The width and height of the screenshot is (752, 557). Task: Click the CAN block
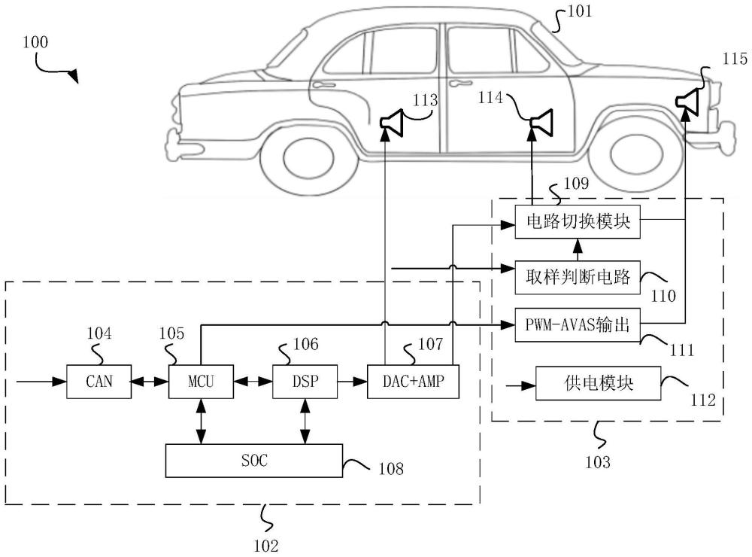pyautogui.click(x=99, y=381)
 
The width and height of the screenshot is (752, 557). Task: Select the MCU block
pyautogui.click(x=201, y=381)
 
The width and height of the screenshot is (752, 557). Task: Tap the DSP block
pyautogui.click(x=305, y=381)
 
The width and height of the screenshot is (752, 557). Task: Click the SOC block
pyautogui.click(x=253, y=461)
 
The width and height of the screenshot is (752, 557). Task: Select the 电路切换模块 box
pyautogui.click(x=578, y=222)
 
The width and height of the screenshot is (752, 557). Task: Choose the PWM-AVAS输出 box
pyautogui.click(x=578, y=326)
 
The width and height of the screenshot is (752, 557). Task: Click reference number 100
pyautogui.click(x=35, y=43)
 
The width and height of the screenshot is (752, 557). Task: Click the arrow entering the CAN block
pyautogui.click(x=41, y=382)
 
